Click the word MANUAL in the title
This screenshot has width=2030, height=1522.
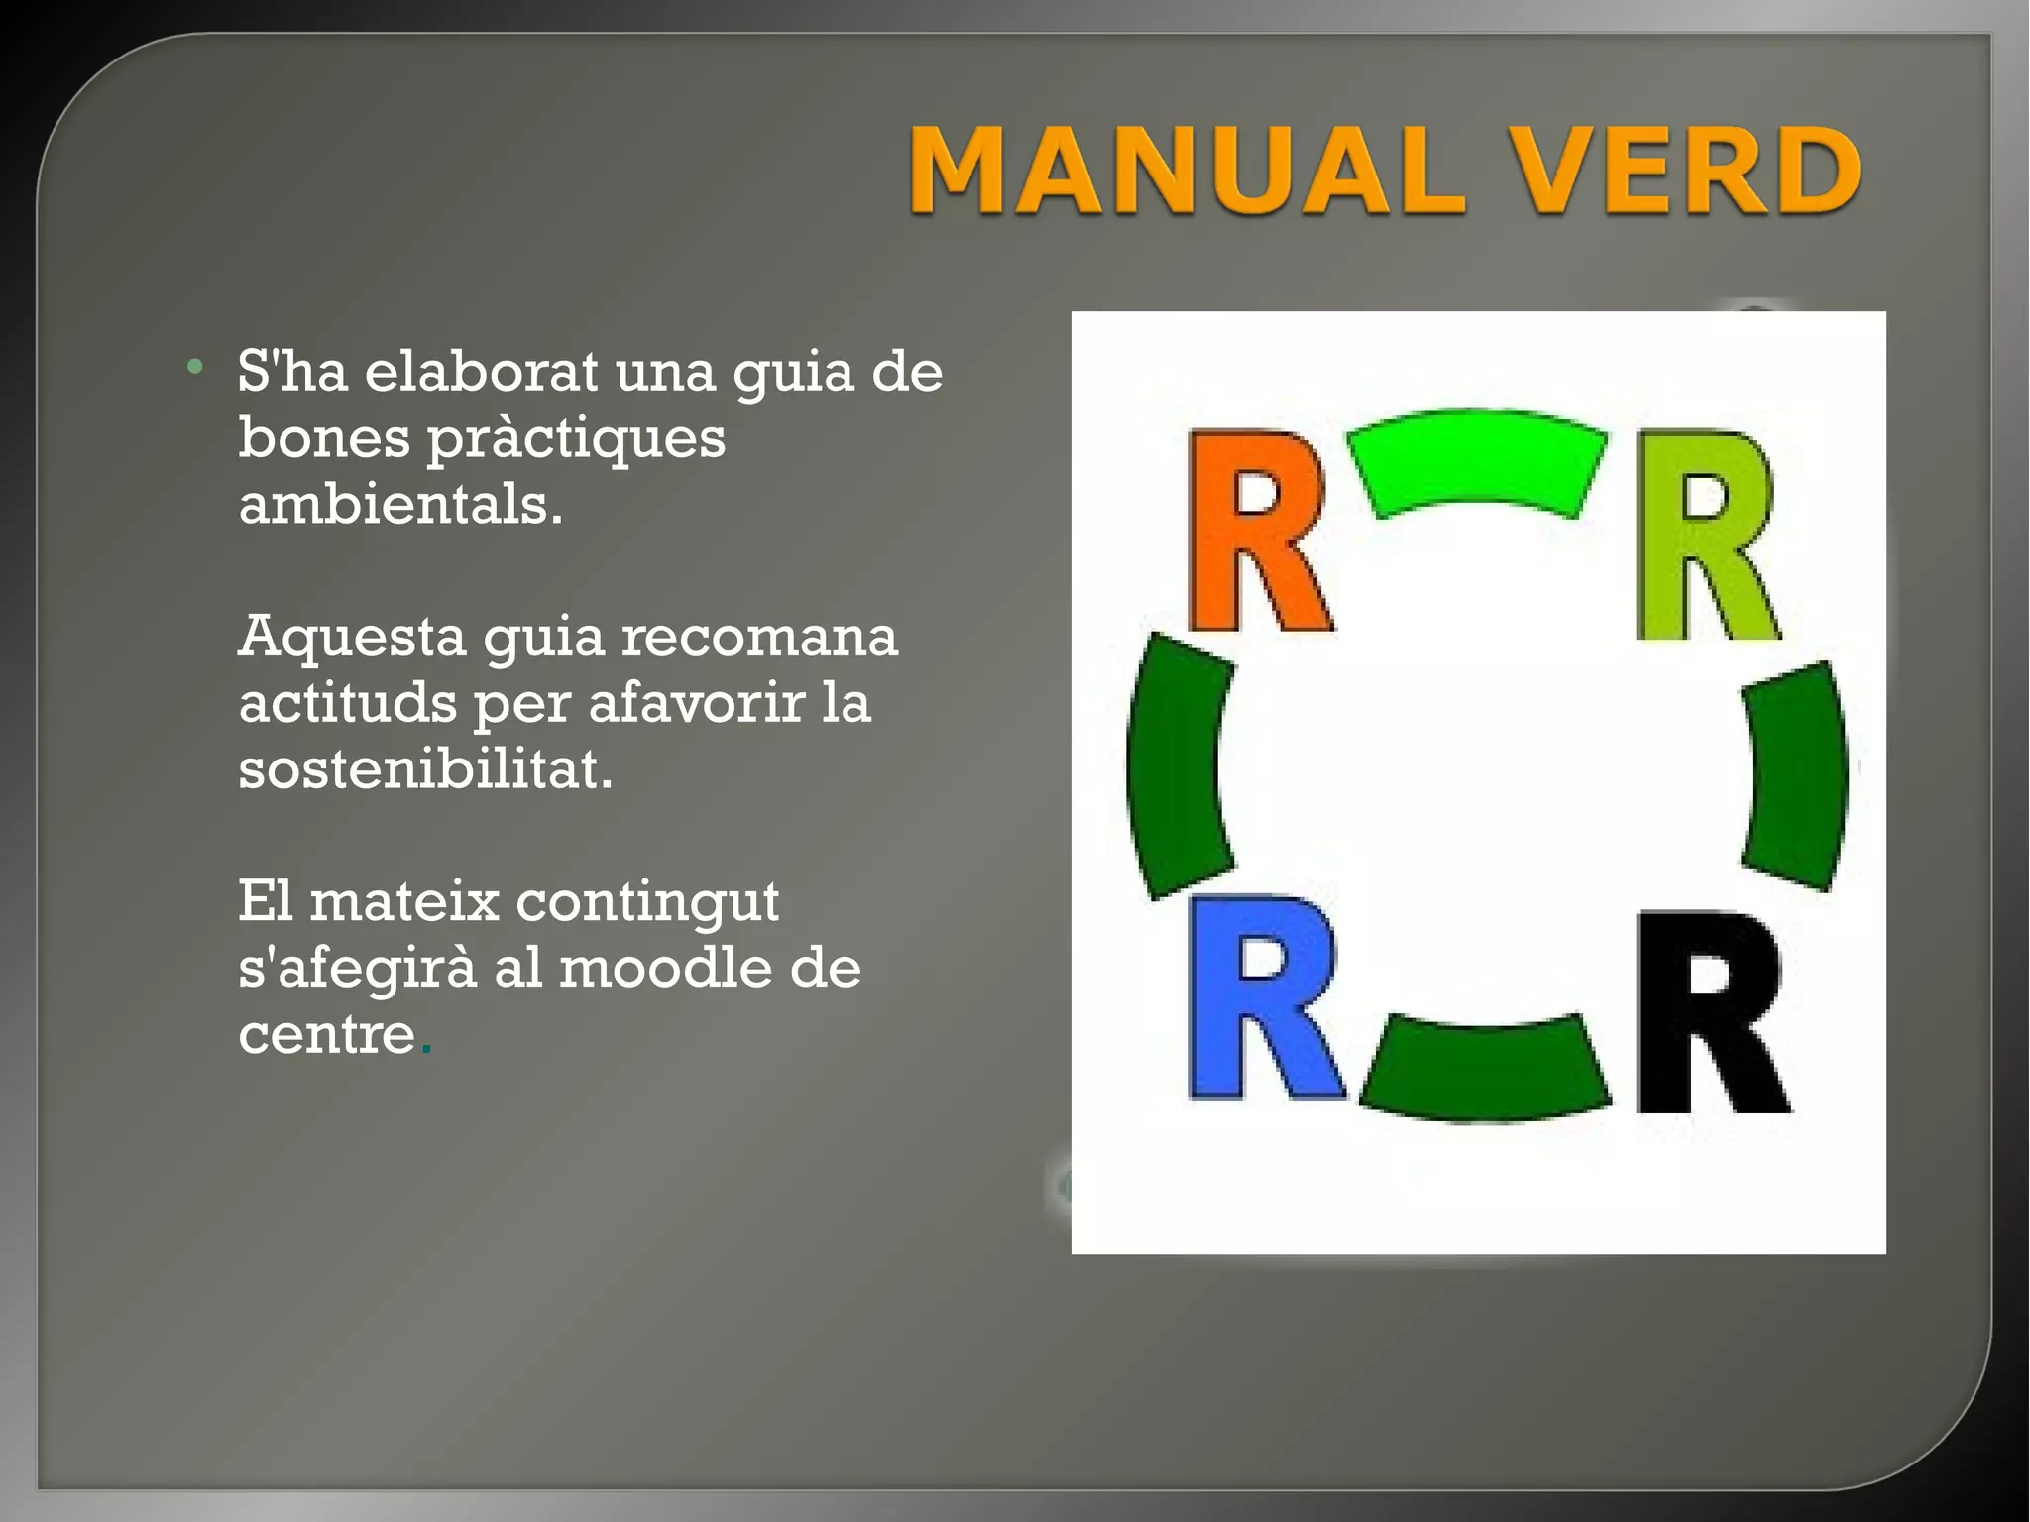1185,171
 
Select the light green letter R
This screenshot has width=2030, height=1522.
1705,535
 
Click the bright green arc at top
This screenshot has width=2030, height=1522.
1477,461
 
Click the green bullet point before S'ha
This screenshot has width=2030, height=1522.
195,368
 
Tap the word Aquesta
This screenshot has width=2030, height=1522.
352,638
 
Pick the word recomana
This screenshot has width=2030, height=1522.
759,638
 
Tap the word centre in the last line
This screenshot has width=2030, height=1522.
326,1035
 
